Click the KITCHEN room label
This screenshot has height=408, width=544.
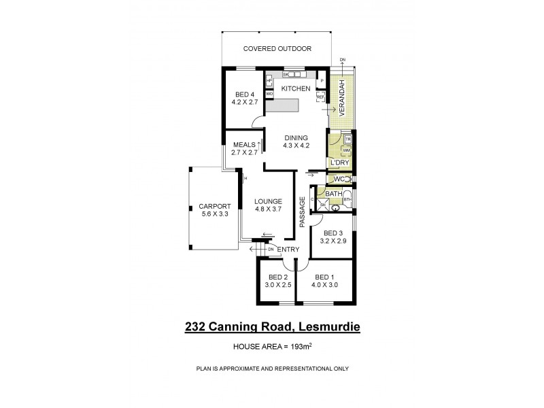tap(296, 89)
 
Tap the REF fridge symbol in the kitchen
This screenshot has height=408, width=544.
tap(320, 97)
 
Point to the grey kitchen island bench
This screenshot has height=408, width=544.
tap(282, 106)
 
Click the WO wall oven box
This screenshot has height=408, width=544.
tap(269, 94)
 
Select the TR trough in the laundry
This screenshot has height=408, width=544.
tap(347, 139)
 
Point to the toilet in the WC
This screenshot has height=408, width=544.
tap(348, 179)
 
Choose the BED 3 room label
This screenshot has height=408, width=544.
tap(333, 233)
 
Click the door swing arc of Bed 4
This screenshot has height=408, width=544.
tap(257, 122)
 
